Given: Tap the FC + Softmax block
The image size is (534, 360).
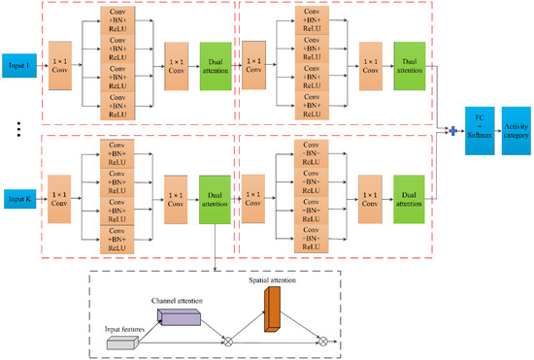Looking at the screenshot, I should tap(479, 129).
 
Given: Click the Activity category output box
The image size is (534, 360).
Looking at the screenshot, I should tap(515, 129).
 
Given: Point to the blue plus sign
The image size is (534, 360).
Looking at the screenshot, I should tap(451, 129).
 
